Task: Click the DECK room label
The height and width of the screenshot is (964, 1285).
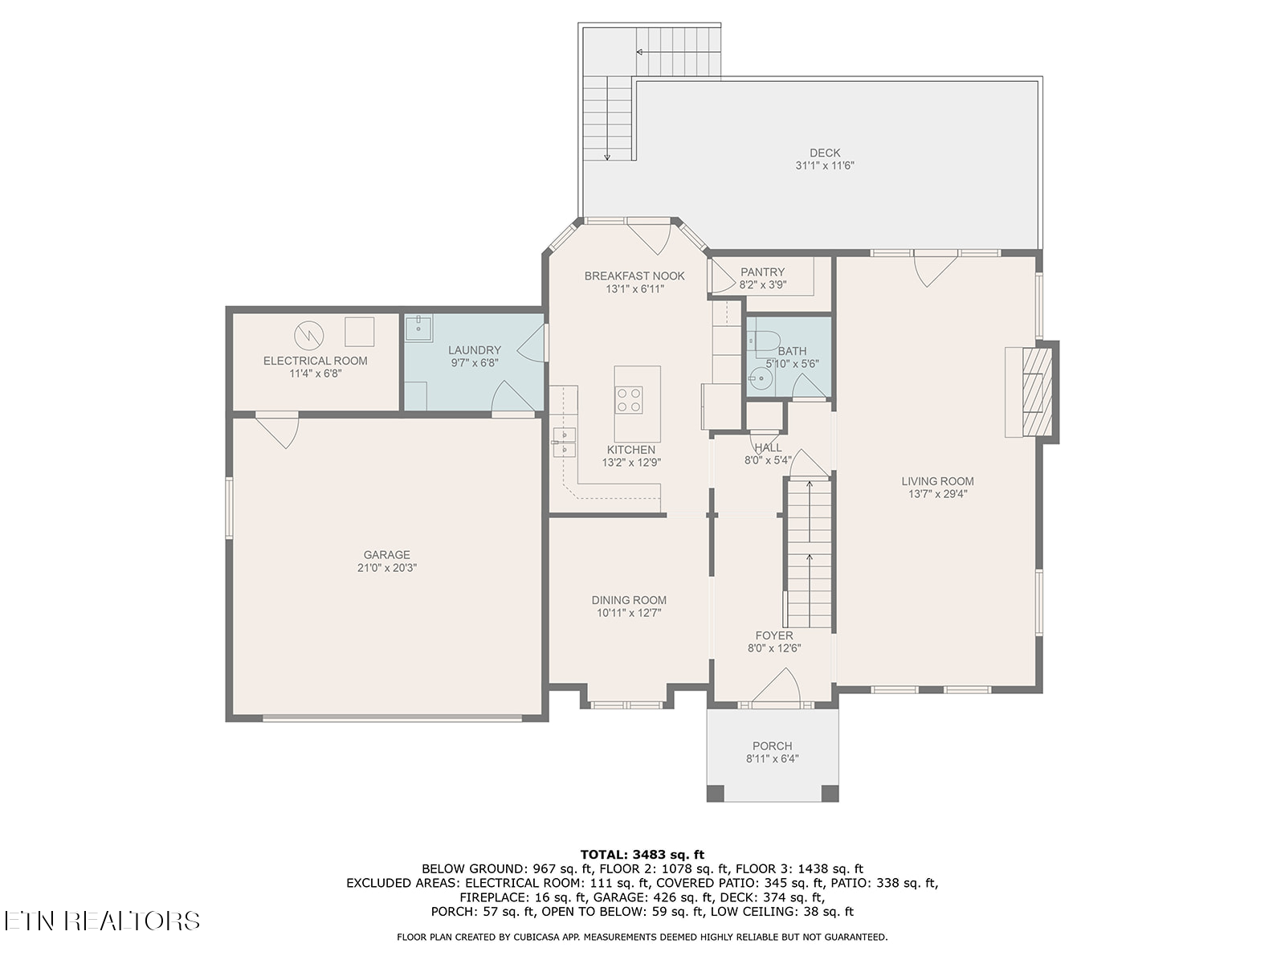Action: coord(824,153)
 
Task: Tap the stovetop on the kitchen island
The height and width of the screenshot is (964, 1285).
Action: coord(628,400)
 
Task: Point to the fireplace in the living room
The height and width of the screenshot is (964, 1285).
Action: coord(1031,391)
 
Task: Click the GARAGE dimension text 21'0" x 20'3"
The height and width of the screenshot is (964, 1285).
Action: coord(386,568)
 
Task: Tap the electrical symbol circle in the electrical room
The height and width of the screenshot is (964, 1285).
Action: coord(307,333)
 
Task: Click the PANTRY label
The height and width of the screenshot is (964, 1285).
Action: coord(762,272)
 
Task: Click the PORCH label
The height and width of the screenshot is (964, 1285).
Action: coord(772,745)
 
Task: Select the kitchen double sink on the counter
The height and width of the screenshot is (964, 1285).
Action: coord(564,443)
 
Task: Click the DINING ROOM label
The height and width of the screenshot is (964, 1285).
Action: coord(629,600)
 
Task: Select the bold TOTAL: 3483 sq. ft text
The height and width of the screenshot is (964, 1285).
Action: coord(642,854)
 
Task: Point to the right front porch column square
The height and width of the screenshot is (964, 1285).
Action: coord(830,793)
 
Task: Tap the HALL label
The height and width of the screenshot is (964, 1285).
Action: coord(768,447)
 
